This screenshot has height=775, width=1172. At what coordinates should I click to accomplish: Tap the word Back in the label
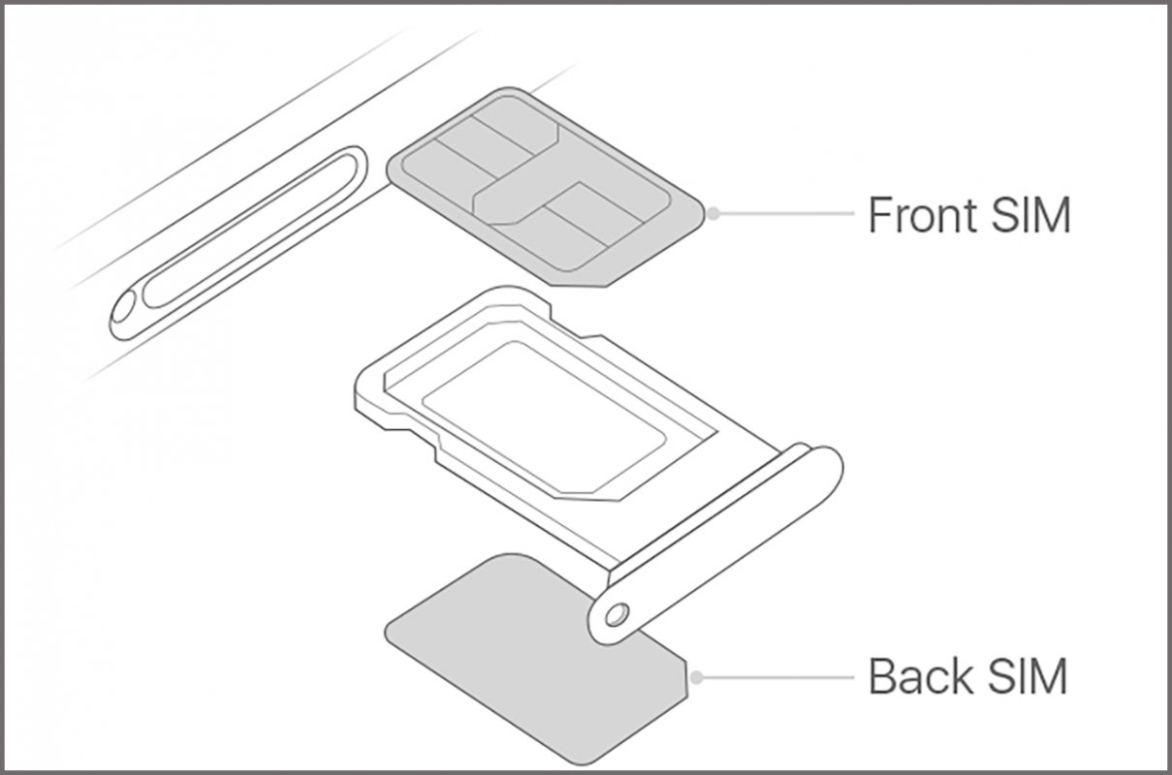(x=921, y=676)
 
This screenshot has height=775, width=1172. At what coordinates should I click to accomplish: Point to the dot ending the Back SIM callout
(x=695, y=676)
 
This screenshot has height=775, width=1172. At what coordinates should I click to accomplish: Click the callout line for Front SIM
(x=785, y=213)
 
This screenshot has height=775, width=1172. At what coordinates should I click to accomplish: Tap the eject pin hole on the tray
(x=616, y=612)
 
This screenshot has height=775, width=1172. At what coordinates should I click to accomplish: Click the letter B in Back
(x=881, y=676)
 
